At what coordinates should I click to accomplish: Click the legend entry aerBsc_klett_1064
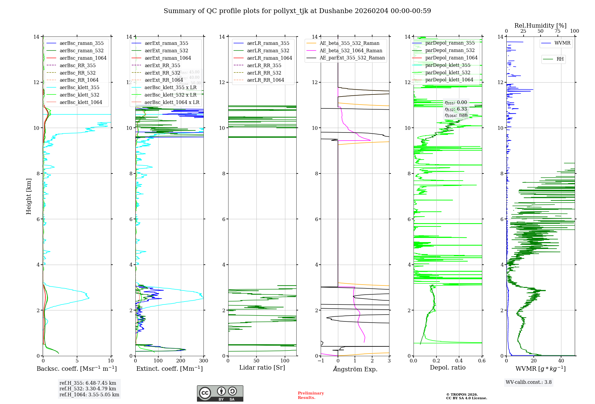(x=81, y=102)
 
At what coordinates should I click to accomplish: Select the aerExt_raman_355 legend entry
(x=166, y=43)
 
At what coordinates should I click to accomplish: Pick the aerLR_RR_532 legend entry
(x=264, y=73)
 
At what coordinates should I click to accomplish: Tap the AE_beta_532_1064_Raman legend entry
(x=351, y=50)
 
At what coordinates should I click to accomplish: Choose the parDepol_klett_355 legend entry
(x=447, y=65)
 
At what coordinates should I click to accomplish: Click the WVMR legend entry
(x=562, y=43)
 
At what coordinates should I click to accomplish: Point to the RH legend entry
(x=560, y=59)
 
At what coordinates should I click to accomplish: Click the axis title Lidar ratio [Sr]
(x=262, y=368)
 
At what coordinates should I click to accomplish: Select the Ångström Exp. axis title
(x=355, y=369)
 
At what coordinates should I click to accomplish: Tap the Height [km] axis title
(x=29, y=196)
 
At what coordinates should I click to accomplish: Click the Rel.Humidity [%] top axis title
(x=540, y=26)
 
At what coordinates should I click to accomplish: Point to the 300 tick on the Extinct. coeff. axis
(x=204, y=361)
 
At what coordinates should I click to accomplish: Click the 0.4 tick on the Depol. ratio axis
(x=459, y=361)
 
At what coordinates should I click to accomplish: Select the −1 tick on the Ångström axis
(x=321, y=361)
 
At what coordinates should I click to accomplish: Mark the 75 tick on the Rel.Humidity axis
(x=558, y=31)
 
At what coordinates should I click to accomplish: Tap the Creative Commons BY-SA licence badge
(x=220, y=393)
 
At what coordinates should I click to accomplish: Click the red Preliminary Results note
(x=311, y=395)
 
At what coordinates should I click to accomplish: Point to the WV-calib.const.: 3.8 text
(x=529, y=382)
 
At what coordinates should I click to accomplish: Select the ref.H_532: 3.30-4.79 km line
(x=88, y=389)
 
